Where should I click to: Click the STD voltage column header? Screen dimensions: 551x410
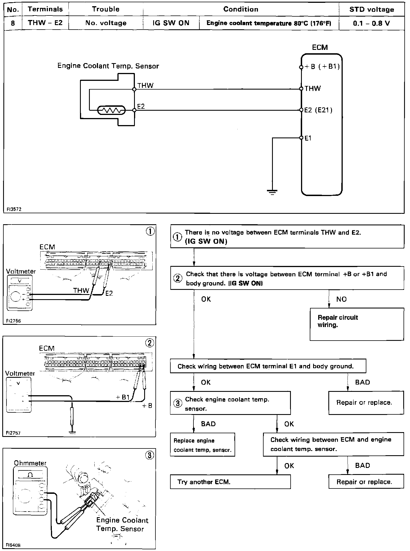click(x=371, y=9)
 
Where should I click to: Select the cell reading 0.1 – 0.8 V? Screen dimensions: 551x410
click(x=371, y=23)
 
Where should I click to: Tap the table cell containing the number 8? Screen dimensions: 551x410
click(x=13, y=23)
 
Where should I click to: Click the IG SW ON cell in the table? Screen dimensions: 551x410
click(x=171, y=23)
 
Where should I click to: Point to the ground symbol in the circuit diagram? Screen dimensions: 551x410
click(x=272, y=192)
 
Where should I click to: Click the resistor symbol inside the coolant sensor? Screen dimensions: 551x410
click(x=111, y=110)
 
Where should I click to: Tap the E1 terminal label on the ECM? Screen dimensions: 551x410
click(x=308, y=138)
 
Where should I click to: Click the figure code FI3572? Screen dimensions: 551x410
click(x=14, y=209)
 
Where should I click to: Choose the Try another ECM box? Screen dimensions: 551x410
click(x=230, y=482)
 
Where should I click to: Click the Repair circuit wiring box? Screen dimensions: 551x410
click(x=356, y=324)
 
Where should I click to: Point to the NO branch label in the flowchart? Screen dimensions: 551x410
click(x=341, y=299)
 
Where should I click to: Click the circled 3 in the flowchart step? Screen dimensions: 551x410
click(x=178, y=403)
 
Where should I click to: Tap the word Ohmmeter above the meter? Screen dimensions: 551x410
click(x=30, y=463)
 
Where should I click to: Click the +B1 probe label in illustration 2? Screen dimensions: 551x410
click(x=122, y=397)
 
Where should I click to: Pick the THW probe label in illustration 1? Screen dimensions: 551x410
click(x=81, y=290)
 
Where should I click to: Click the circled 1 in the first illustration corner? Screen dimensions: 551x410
click(x=150, y=231)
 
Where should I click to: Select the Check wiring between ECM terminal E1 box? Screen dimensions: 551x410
click(x=268, y=366)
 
